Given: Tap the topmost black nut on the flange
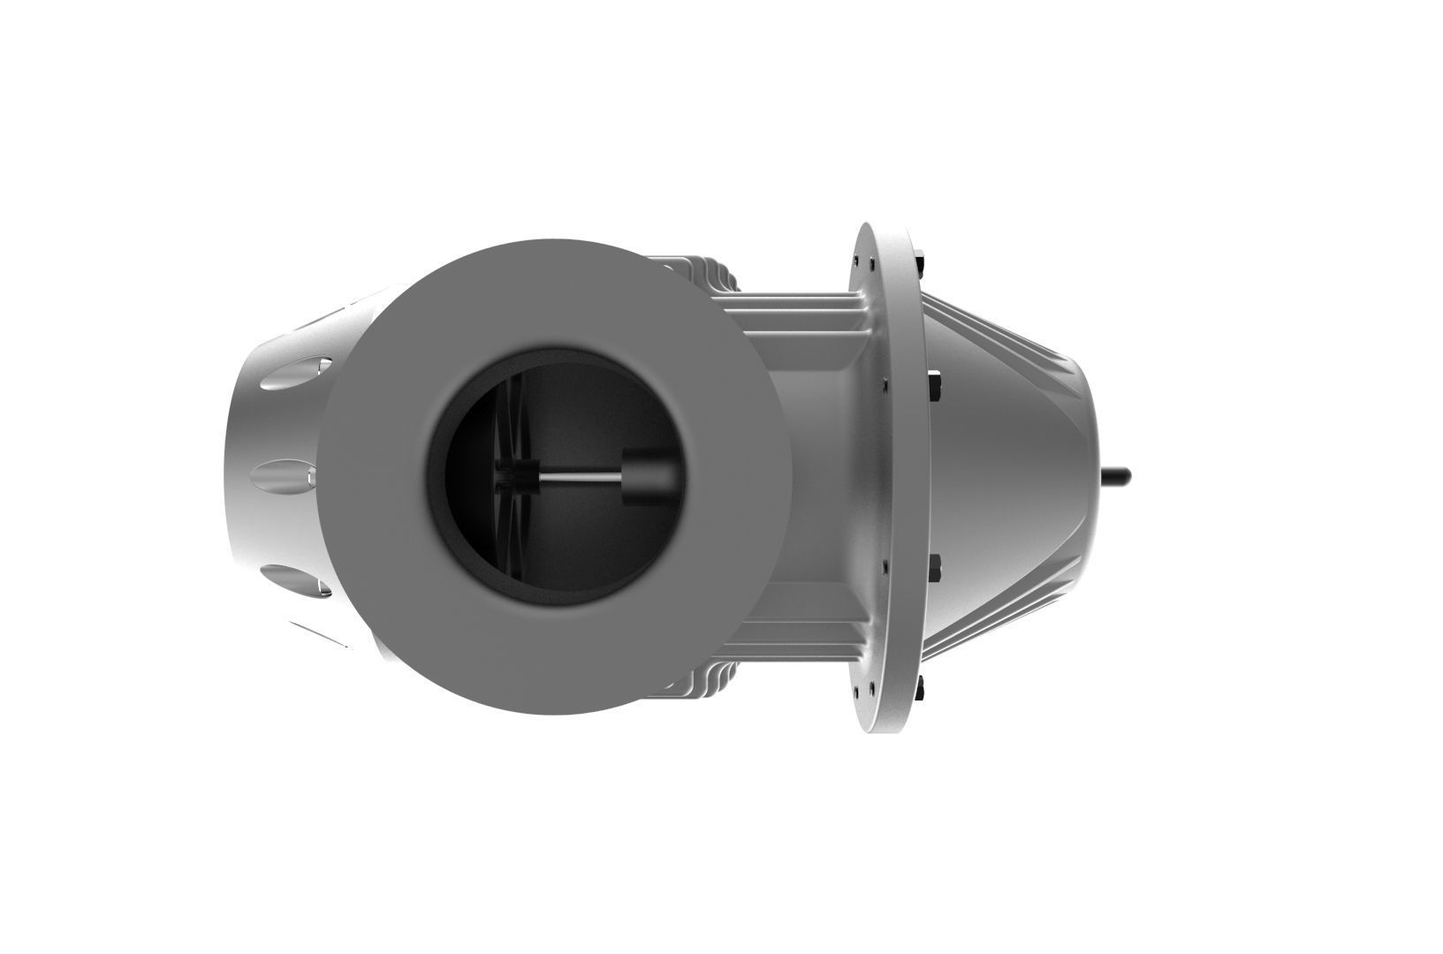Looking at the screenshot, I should (x=920, y=262).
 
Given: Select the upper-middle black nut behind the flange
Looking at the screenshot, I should (x=934, y=386).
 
